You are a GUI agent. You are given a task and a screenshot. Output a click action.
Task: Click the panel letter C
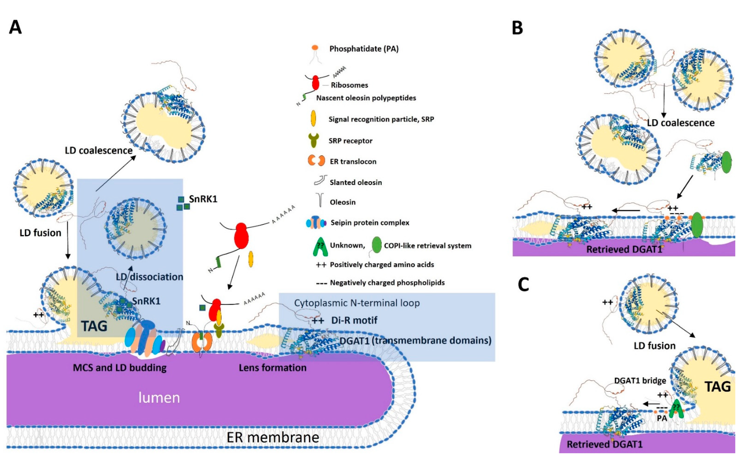coord(523,285)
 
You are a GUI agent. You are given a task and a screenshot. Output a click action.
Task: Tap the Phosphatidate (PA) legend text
coord(364,49)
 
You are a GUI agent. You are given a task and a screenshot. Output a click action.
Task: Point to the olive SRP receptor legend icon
coord(314,140)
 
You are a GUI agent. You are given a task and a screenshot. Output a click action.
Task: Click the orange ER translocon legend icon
coord(317,161)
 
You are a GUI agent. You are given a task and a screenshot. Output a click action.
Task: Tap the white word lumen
coord(159,397)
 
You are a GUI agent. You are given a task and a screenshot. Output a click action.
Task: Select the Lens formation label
coord(273,368)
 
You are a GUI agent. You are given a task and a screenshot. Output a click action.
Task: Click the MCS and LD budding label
coord(120,368)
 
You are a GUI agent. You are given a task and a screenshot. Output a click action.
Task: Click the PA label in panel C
coord(662,418)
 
